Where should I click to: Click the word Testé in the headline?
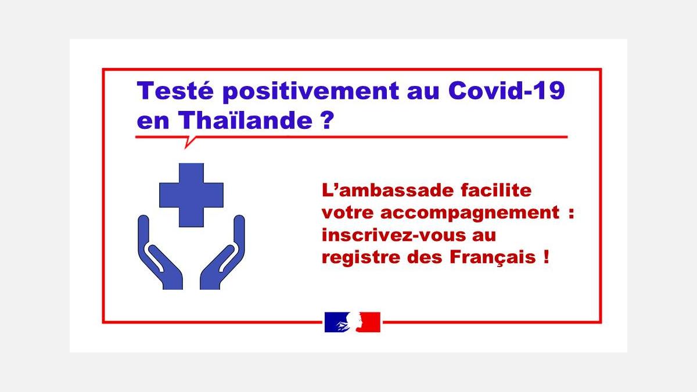[x=175, y=91]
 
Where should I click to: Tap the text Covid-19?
[x=506, y=90]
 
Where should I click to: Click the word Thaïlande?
[x=245, y=120]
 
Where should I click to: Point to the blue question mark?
[x=326, y=120]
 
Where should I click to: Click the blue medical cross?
[x=191, y=195]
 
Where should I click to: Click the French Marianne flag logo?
[x=352, y=322]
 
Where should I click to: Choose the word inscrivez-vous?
[x=394, y=235]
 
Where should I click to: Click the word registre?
[x=361, y=258]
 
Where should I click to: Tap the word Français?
[x=493, y=258]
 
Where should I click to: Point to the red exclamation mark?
[x=546, y=257]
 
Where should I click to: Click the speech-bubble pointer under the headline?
[x=189, y=142]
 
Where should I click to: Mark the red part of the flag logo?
[x=371, y=322]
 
